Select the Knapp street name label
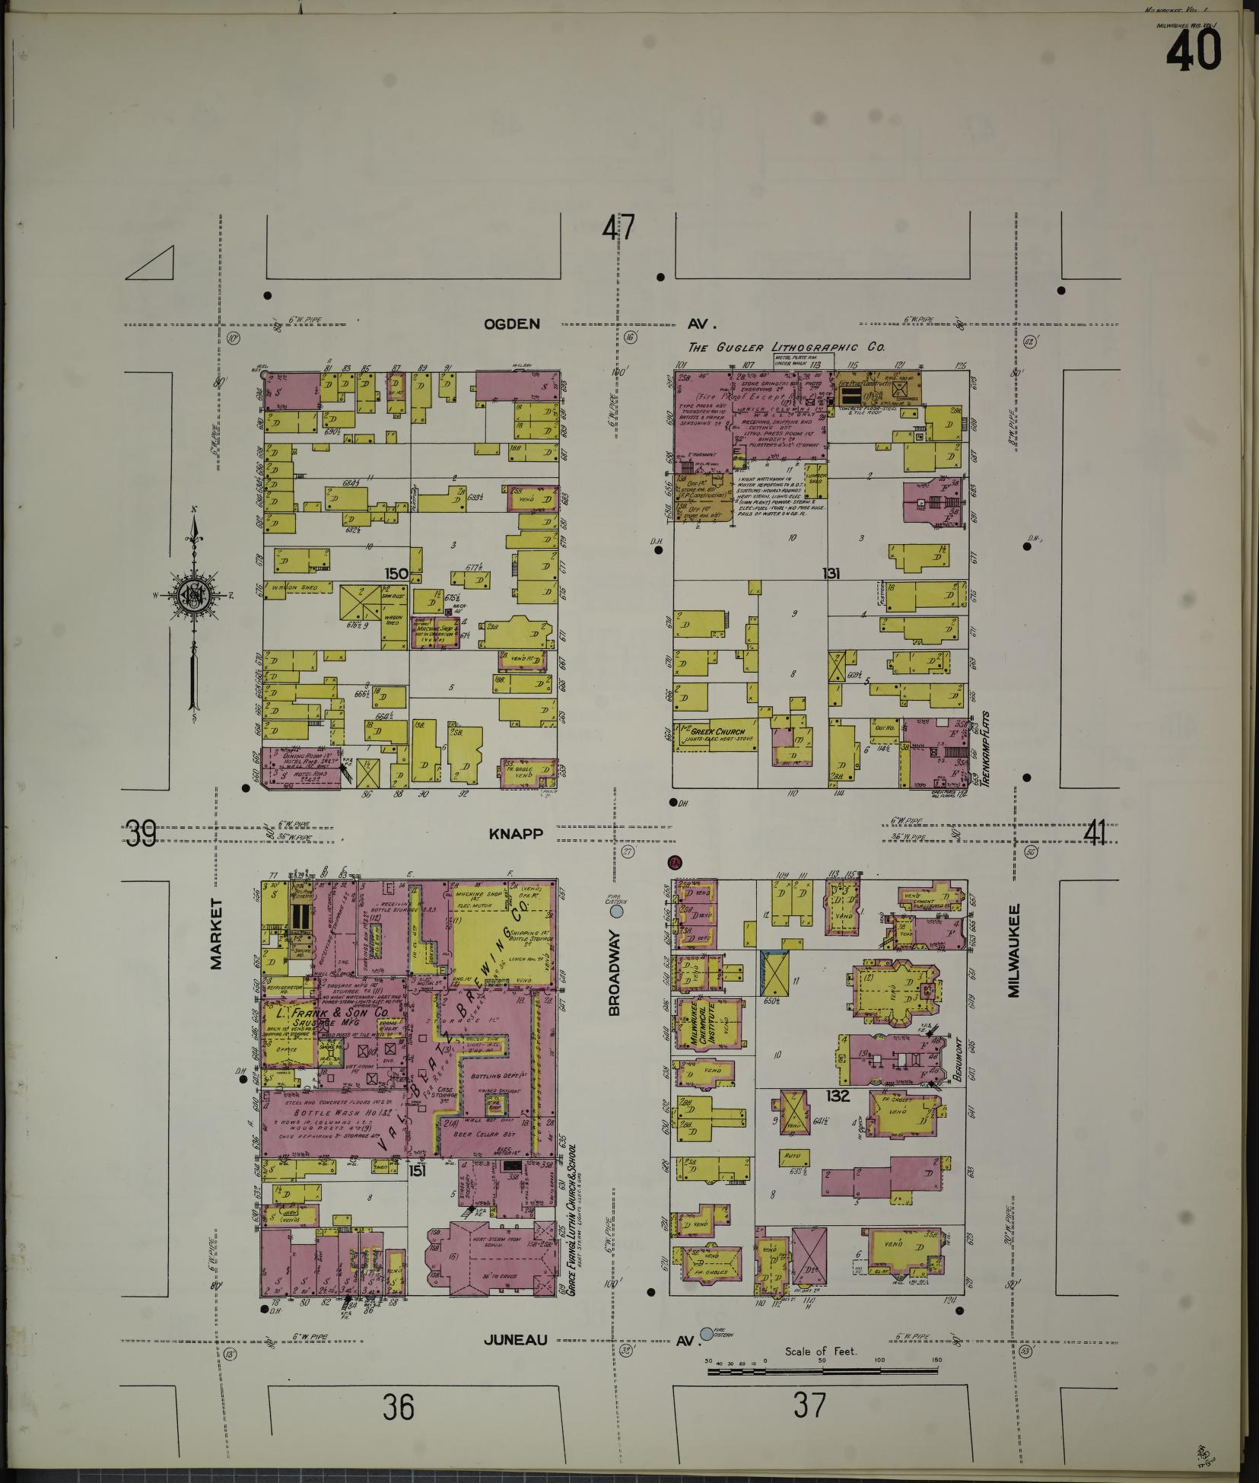tap(517, 834)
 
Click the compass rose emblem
tap(195, 595)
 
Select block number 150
tap(397, 573)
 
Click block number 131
tap(830, 573)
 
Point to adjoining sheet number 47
tap(618, 229)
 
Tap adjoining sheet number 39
tap(142, 834)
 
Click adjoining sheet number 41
tap(1095, 834)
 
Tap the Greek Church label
tap(713, 731)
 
